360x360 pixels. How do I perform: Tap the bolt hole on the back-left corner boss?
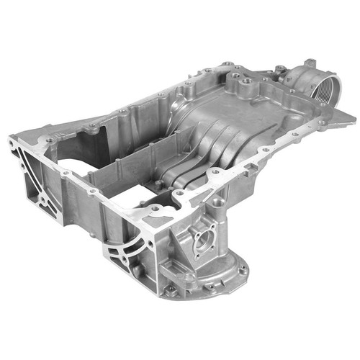(91, 127)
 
